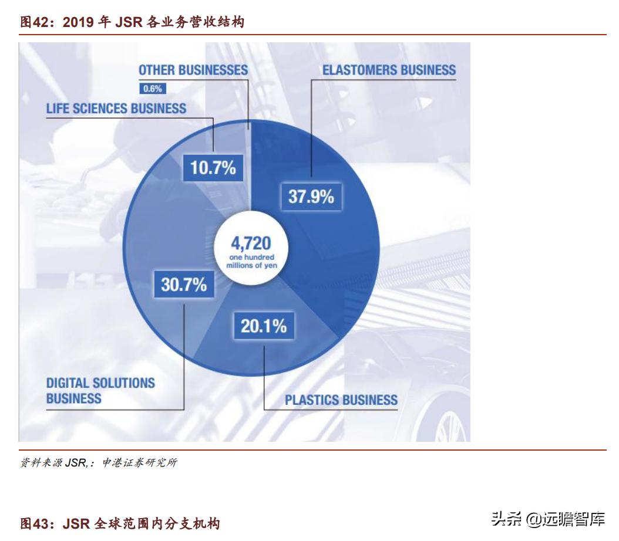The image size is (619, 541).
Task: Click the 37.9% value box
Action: click(311, 196)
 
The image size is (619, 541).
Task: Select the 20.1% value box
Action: click(264, 326)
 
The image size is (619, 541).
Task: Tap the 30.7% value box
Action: click(183, 285)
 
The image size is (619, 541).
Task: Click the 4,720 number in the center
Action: click(251, 244)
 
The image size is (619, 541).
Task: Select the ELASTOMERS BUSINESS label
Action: click(389, 70)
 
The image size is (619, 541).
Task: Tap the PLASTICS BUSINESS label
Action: click(341, 401)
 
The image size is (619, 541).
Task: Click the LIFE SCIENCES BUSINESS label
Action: click(116, 109)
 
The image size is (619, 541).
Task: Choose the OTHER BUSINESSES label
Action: click(193, 70)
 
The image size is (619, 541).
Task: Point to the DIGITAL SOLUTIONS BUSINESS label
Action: click(100, 391)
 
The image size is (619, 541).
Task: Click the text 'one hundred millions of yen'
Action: click(251, 262)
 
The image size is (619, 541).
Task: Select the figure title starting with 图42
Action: click(132, 22)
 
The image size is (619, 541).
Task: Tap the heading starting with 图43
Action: click(120, 523)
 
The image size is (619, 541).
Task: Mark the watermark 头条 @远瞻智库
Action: click(548, 519)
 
